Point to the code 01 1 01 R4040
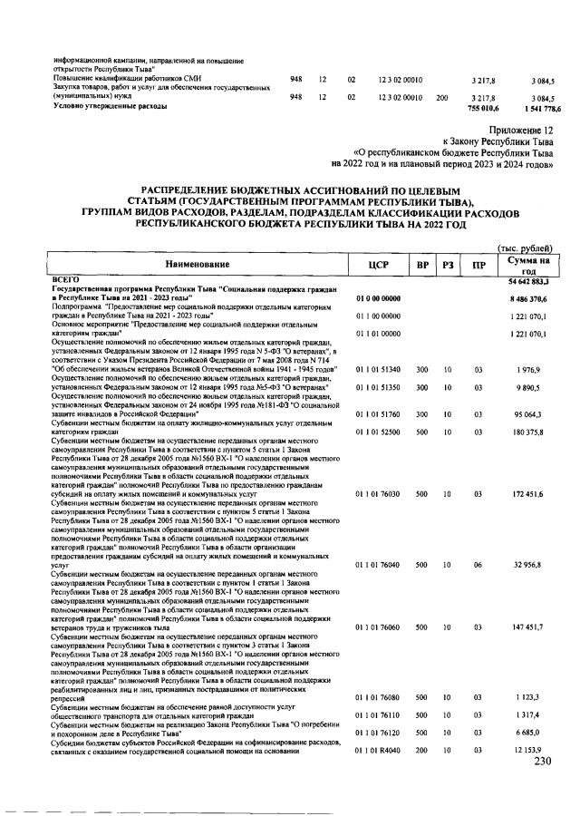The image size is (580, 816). (x=378, y=750)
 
